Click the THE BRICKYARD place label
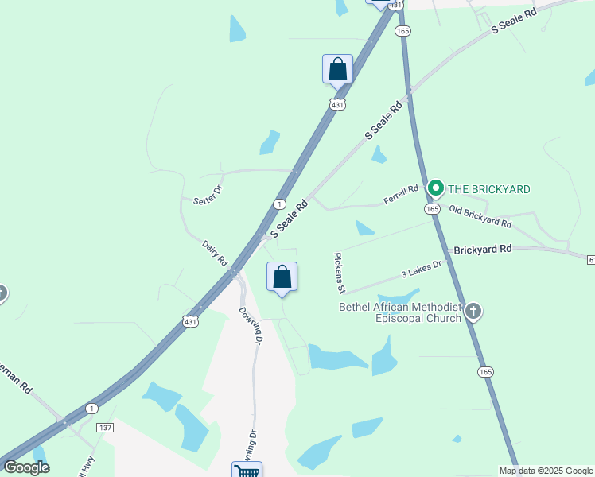click(488, 189)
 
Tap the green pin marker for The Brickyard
click(435, 188)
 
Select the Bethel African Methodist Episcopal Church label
click(400, 312)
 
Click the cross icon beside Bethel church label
click(473, 311)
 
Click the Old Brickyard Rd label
click(480, 215)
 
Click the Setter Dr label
click(208, 196)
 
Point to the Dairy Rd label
click(215, 254)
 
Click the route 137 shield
click(105, 428)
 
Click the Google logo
click(27, 468)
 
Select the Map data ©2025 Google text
click(546, 471)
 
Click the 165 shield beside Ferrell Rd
click(432, 208)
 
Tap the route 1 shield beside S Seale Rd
click(279, 204)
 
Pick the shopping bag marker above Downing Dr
click(282, 277)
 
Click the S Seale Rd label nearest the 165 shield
click(385, 122)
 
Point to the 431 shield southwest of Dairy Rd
click(189, 321)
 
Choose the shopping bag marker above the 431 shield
click(337, 69)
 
